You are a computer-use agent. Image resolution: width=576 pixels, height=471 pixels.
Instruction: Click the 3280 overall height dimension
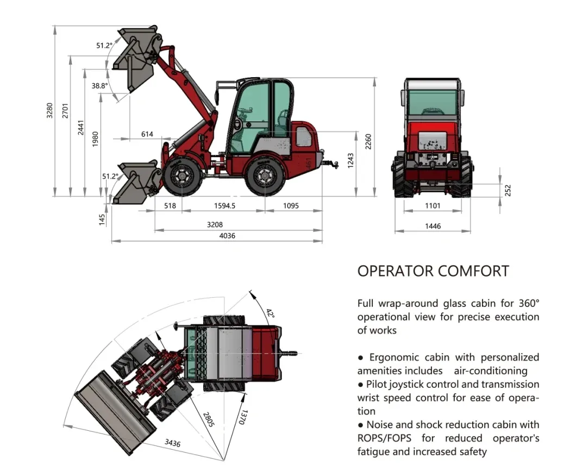49,110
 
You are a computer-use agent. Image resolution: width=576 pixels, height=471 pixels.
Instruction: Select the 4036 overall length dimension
227,236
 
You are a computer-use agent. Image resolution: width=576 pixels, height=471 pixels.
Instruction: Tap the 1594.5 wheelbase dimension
224,205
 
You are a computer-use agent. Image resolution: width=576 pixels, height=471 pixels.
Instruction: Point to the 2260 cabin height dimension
368,142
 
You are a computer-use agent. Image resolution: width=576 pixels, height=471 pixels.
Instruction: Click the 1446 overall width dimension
433,226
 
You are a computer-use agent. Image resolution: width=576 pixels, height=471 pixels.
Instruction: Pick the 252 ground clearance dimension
508,190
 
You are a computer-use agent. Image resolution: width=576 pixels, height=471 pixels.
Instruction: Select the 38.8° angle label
99,86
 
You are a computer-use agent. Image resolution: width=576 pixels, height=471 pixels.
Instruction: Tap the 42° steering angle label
270,313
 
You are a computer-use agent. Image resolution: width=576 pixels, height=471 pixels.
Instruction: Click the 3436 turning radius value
172,443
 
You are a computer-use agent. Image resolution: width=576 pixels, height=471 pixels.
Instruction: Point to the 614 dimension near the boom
147,134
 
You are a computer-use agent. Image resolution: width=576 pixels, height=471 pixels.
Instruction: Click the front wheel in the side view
182,177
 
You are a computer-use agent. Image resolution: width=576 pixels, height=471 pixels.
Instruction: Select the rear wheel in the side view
265,177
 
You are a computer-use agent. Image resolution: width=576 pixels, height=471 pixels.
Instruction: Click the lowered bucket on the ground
136,183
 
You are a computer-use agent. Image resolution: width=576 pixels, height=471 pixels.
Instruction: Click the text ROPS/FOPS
384,438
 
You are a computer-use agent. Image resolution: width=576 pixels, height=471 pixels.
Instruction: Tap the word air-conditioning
490,371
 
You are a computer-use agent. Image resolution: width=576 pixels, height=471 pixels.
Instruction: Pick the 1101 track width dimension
433,205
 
